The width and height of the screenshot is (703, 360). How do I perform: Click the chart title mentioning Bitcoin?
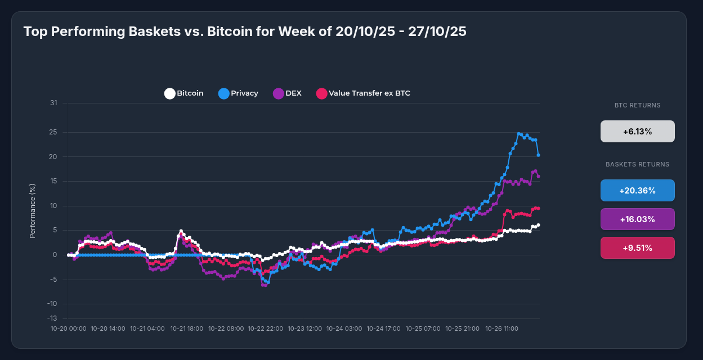[245, 31]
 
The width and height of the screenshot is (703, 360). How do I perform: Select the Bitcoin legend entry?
[184, 93]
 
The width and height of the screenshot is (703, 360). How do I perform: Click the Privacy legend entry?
[238, 93]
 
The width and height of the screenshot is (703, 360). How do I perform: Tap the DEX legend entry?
[287, 93]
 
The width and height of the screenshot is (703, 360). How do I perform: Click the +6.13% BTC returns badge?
[637, 132]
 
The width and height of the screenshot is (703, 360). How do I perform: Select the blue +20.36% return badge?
[637, 191]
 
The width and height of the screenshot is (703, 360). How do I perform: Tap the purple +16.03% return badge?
[637, 219]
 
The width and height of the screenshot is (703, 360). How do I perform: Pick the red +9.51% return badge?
[637, 248]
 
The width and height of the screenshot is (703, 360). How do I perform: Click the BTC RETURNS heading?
[637, 105]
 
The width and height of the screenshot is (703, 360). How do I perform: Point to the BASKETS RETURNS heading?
[637, 165]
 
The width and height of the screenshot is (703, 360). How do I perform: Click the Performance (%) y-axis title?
[33, 210]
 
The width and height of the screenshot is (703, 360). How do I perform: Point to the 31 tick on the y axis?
[53, 103]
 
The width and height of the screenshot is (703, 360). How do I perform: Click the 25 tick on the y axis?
[53, 133]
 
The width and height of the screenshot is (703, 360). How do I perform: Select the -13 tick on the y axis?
[52, 318]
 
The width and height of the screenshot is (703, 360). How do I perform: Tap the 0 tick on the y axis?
[55, 255]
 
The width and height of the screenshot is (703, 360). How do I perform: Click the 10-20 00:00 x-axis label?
[69, 328]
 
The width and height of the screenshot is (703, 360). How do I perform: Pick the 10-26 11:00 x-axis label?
[501, 328]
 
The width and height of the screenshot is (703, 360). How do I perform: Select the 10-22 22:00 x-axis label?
[266, 328]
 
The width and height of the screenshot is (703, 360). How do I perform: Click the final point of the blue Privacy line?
[539, 155]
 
